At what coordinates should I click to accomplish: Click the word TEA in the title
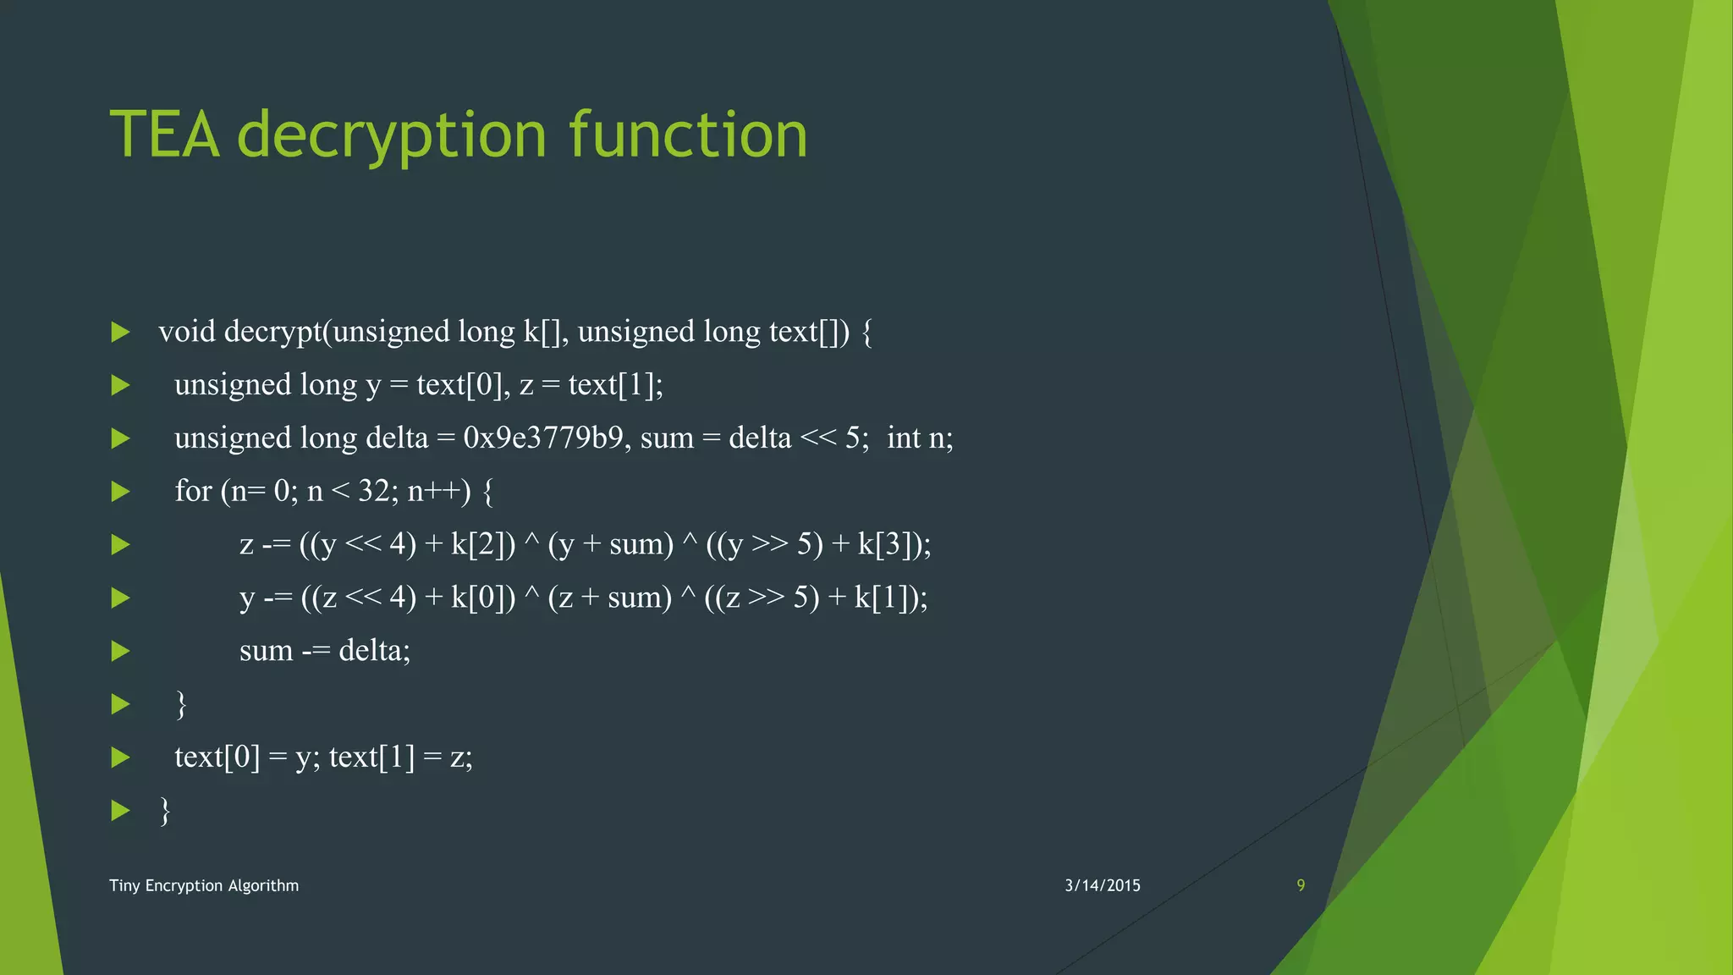pos(165,135)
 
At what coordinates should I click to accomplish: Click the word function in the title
pos(688,135)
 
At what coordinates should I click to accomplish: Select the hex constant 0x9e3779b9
pos(543,438)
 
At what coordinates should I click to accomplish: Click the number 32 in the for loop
pos(373,491)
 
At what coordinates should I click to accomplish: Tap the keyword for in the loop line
pos(193,491)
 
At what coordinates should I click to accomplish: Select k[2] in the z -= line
pos(482,544)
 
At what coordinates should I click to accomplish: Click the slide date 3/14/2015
pos(1102,885)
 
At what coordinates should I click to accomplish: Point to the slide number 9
pos(1301,885)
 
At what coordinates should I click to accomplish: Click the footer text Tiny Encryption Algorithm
pos(204,885)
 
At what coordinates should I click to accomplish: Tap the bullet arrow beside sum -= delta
pos(121,651)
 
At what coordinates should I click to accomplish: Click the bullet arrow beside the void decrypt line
pos(121,332)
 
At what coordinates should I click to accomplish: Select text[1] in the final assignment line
pos(371,757)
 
